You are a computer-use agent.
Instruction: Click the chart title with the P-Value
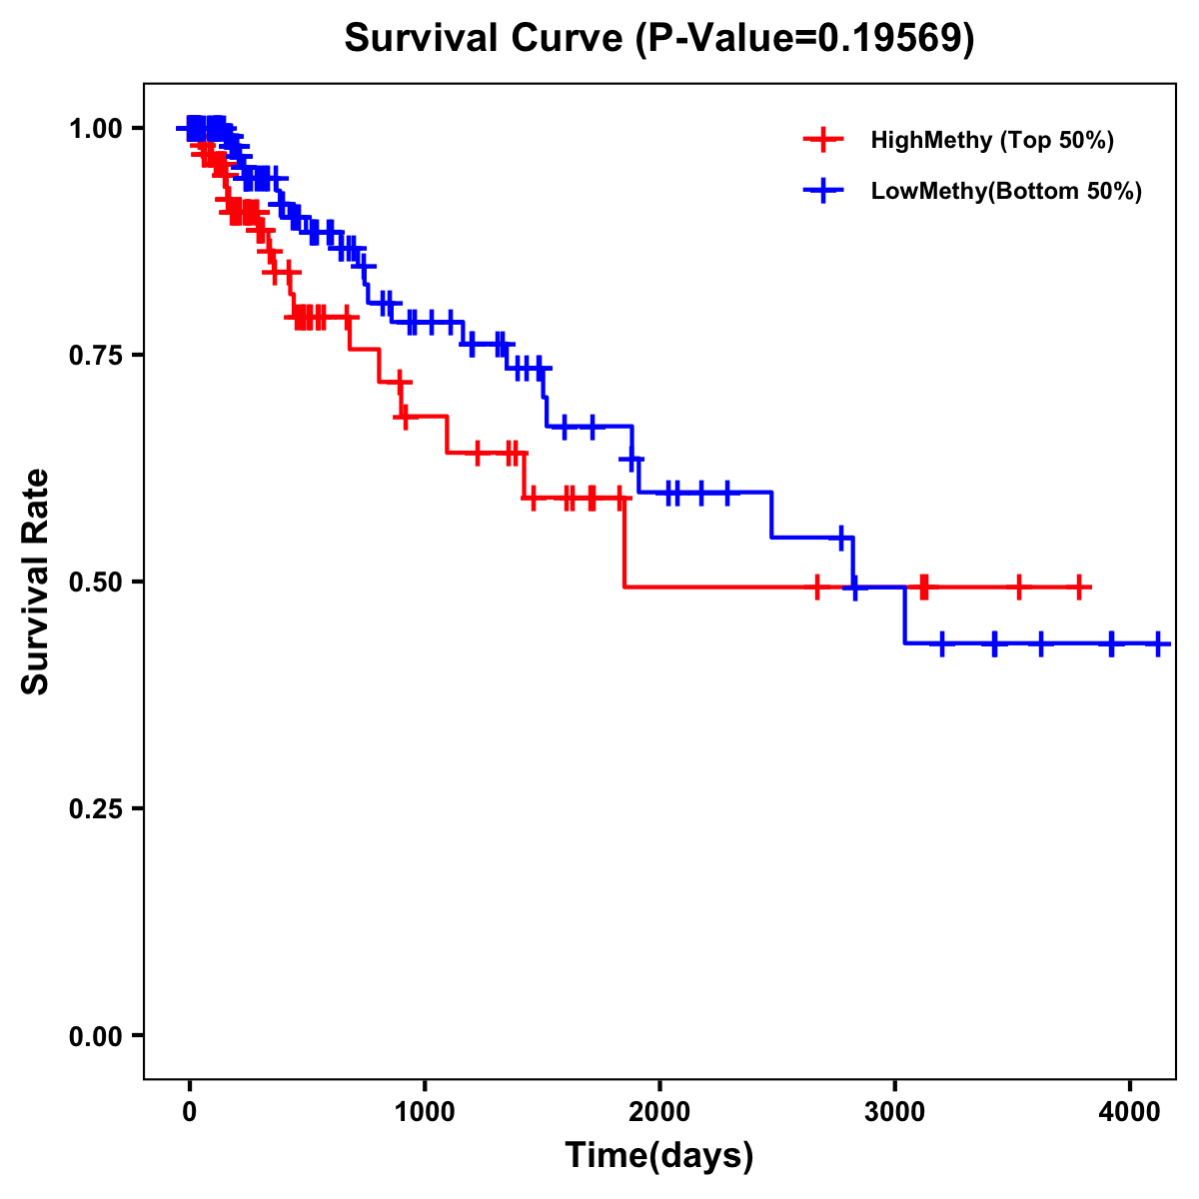pyautogui.click(x=659, y=39)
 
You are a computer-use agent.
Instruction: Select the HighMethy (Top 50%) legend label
pyautogui.click(x=991, y=140)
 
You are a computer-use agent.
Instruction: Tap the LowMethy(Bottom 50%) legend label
pyautogui.click(x=1005, y=191)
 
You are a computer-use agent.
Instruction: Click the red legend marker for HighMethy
pyautogui.click(x=823, y=140)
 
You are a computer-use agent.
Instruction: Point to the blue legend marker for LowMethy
pyautogui.click(x=823, y=191)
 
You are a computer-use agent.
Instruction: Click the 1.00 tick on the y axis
pyautogui.click(x=95, y=129)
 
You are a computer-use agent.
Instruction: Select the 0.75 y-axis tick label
pyautogui.click(x=95, y=356)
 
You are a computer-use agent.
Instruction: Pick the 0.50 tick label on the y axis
pyautogui.click(x=95, y=583)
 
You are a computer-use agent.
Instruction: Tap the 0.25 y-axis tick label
pyautogui.click(x=95, y=809)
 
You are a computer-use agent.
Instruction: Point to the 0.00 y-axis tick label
pyautogui.click(x=95, y=1036)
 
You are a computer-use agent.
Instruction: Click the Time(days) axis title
pyautogui.click(x=659, y=1156)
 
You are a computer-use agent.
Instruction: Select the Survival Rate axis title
pyautogui.click(x=36, y=582)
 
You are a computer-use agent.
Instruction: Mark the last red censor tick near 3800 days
pyautogui.click(x=1079, y=588)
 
